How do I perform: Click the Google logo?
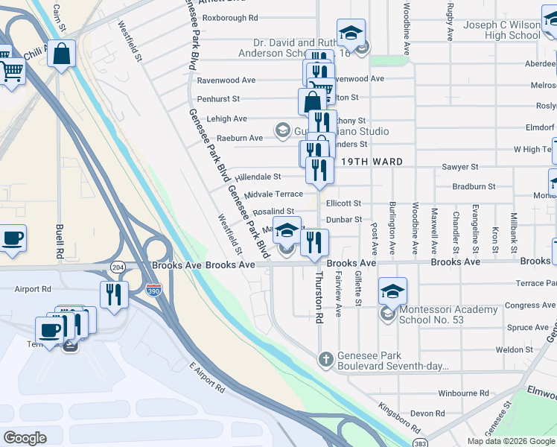click(x=25, y=438)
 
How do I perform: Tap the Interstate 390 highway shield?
click(x=153, y=288)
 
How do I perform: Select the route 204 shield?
click(x=118, y=266)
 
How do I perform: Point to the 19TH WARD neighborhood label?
click(x=372, y=162)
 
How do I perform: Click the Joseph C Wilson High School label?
click(x=502, y=30)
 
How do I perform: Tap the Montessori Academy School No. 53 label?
click(x=448, y=314)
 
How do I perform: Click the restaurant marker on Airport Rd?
click(x=114, y=294)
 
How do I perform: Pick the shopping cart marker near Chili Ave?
click(x=12, y=72)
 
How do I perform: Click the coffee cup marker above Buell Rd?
click(x=12, y=238)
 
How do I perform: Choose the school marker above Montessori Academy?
click(x=392, y=291)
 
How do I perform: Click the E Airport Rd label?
click(x=206, y=377)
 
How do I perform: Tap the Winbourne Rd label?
click(x=462, y=393)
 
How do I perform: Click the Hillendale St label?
click(x=258, y=177)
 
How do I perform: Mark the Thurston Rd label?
click(x=319, y=296)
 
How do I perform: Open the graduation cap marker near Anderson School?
click(x=351, y=33)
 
